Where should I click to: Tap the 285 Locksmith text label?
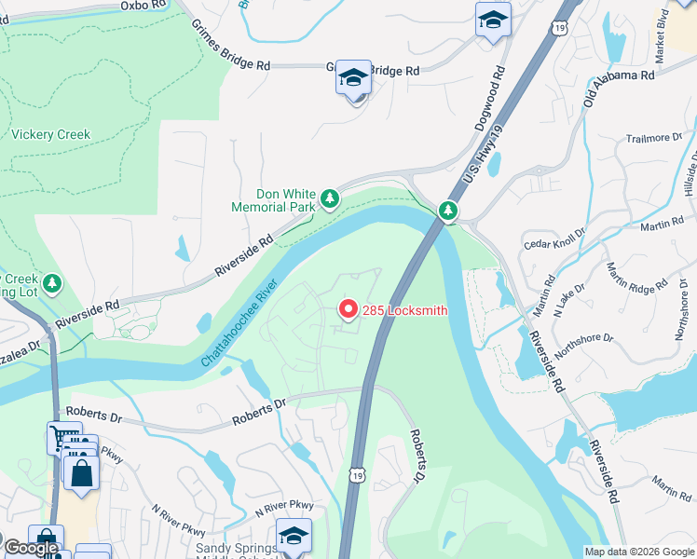pyautogui.click(x=404, y=310)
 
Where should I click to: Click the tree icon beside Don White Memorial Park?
pyautogui.click(x=329, y=198)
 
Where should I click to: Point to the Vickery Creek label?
pyautogui.click(x=51, y=134)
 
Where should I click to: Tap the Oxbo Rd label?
pyautogui.click(x=142, y=6)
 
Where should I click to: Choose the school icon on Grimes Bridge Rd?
pyautogui.click(x=354, y=78)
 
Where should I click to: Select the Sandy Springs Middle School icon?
pyautogui.click(x=294, y=537)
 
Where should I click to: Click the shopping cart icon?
pyautogui.click(x=64, y=438)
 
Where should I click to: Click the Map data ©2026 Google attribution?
pyautogui.click(x=639, y=552)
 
